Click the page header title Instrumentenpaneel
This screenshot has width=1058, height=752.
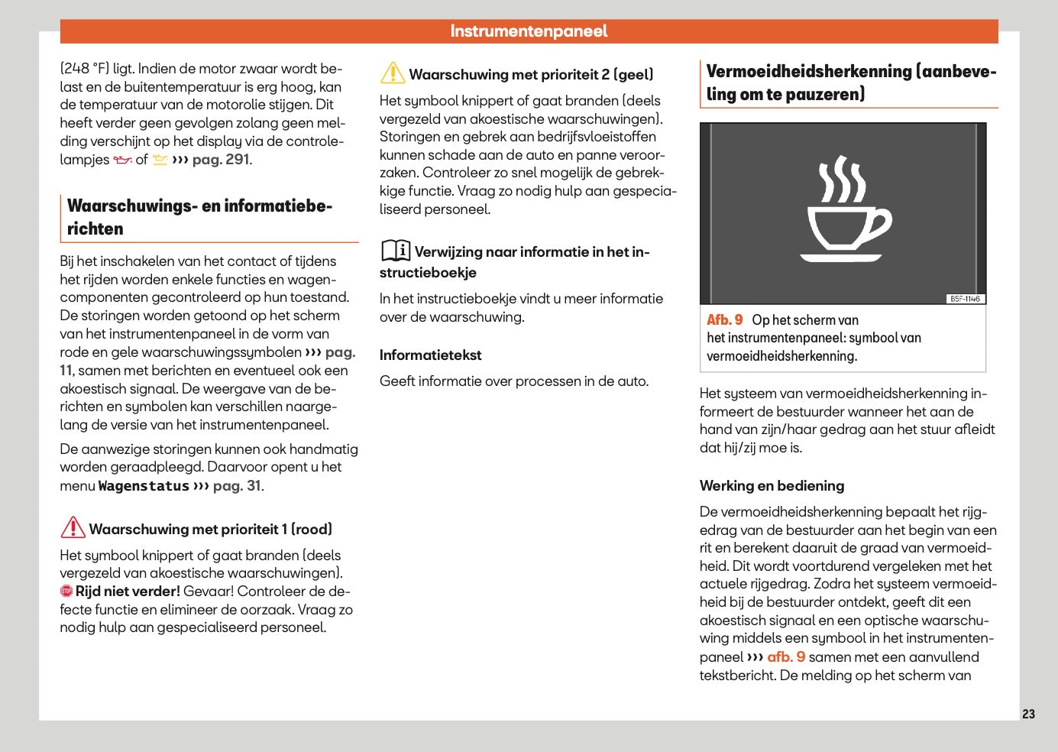[x=529, y=31]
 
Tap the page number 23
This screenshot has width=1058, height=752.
[x=1028, y=714]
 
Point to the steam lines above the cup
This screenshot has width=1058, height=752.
[x=842, y=179]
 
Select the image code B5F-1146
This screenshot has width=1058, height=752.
[x=965, y=299]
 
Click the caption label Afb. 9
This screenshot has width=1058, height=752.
[x=724, y=320]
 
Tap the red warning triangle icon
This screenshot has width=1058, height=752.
[x=73, y=528]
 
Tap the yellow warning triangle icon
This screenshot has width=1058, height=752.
[x=393, y=73]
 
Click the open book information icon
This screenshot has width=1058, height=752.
[x=396, y=251]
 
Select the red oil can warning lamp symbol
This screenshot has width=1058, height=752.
[x=122, y=160]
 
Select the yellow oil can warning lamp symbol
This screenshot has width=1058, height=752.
[x=160, y=160]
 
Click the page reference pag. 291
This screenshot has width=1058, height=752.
[x=221, y=160]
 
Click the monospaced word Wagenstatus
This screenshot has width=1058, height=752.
[x=144, y=486]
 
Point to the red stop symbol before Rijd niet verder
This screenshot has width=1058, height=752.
[x=66, y=592]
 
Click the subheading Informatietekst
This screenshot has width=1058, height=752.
[x=430, y=355]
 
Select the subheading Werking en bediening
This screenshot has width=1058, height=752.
[x=772, y=486]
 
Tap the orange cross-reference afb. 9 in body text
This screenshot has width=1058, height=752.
[x=786, y=657]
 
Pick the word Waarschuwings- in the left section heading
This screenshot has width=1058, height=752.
[x=130, y=206]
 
